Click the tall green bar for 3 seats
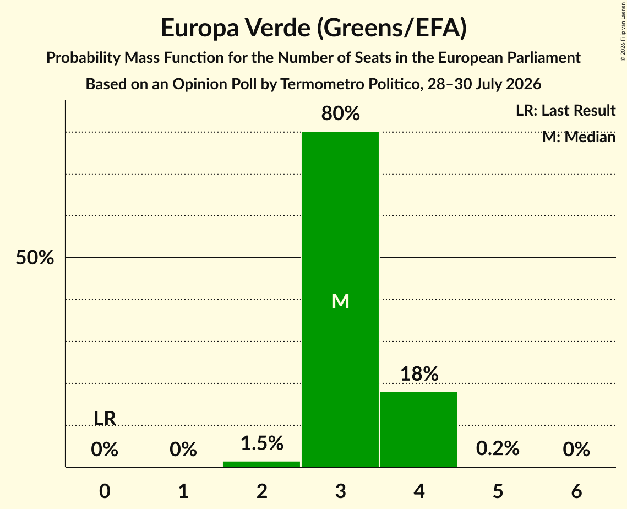coord(340,299)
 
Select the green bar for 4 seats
coord(419,429)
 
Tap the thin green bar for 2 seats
coord(261,464)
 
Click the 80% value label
coord(340,113)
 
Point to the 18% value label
coord(419,373)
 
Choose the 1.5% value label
coord(262,443)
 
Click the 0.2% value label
coord(498,448)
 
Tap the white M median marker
coord(341,301)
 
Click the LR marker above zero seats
coord(105,419)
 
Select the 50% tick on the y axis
coord(35,258)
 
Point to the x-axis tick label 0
coord(105,491)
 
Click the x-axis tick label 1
coord(183,491)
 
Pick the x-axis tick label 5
coord(498,491)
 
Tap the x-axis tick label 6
coord(576,491)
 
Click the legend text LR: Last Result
coord(565,110)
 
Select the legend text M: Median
coord(579,137)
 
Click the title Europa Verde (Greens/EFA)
coord(314,28)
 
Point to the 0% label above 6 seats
coord(576,449)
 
